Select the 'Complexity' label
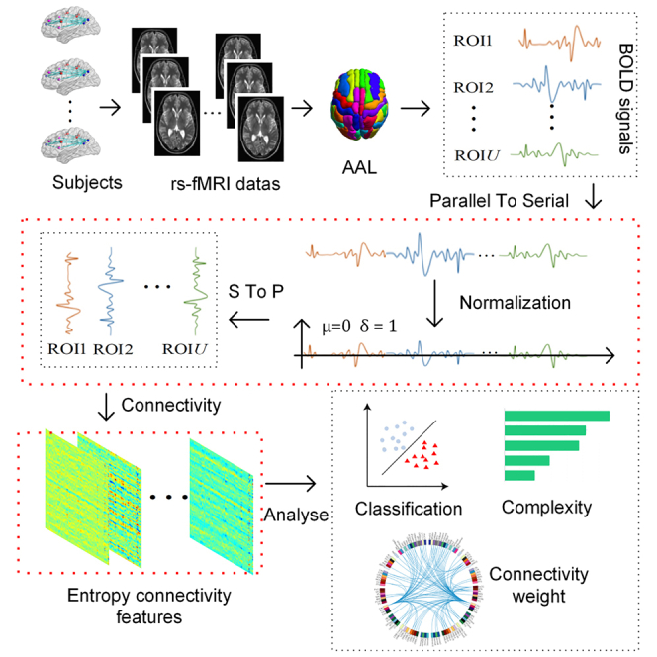tap(546, 509)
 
